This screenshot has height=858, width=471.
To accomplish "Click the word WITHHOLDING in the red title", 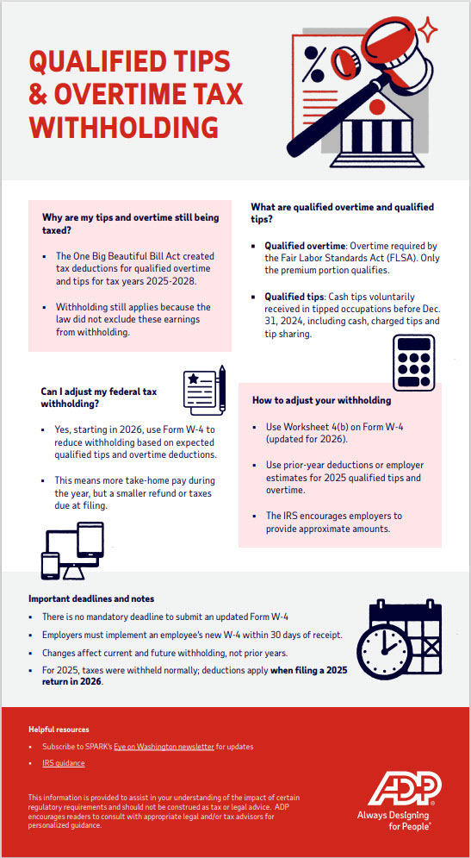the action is point(124,127).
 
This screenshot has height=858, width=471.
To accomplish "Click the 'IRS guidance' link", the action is point(63,763).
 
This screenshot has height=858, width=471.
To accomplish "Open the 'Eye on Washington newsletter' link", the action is point(164,746).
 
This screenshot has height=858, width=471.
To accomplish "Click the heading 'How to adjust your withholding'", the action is point(321,400).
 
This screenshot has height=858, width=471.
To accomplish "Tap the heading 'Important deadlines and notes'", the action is point(91,598).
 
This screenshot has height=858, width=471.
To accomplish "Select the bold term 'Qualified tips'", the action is point(293,296).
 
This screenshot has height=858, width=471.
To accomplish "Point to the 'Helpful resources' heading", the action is point(59,730).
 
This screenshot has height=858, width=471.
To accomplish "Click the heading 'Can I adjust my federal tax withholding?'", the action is point(97,398).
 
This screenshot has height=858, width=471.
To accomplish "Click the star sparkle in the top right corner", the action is point(427,31).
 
